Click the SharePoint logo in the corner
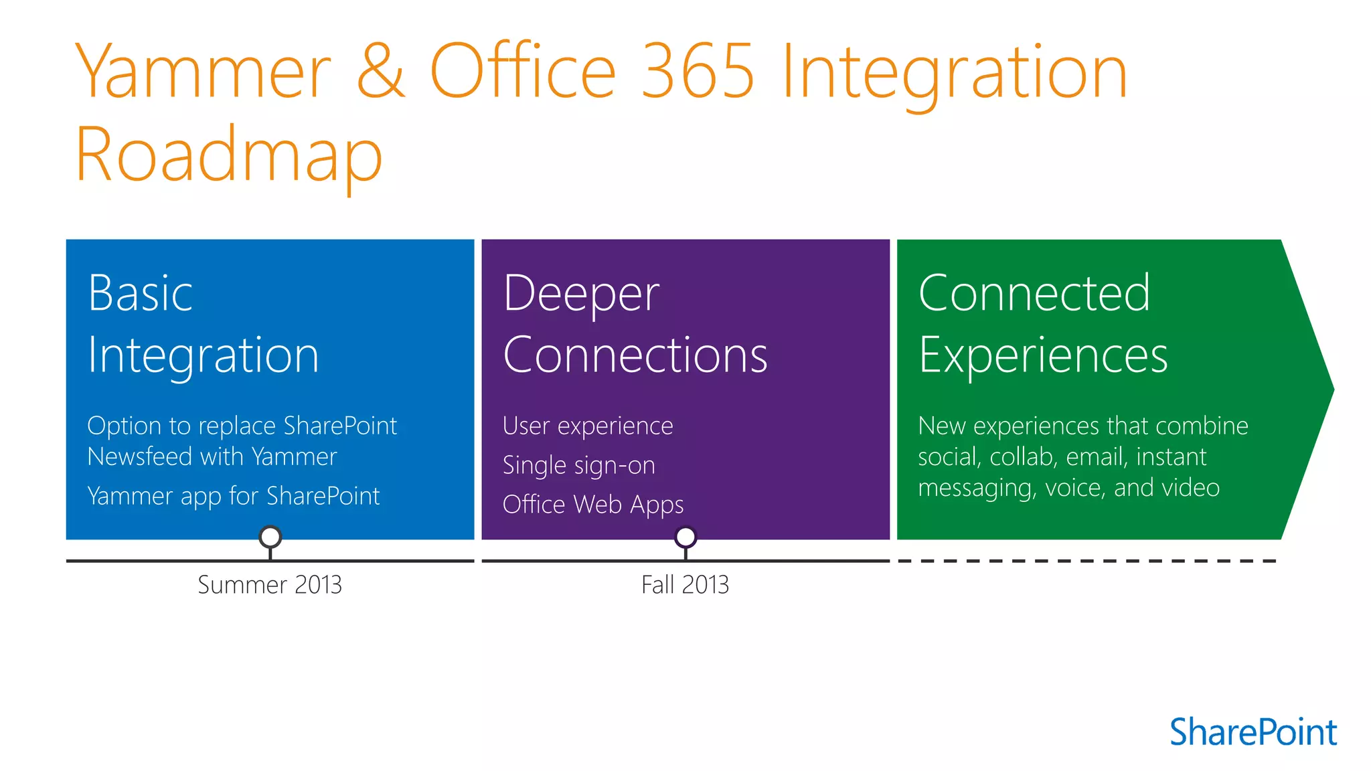(1253, 732)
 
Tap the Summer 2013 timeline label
(270, 585)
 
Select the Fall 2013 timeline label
(685, 585)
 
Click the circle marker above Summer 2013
(270, 537)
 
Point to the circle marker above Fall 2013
(685, 537)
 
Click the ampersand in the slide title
(381, 71)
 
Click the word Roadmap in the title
(228, 155)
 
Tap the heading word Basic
(141, 293)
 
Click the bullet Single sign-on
(579, 465)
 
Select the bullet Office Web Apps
(593, 505)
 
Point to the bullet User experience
(588, 426)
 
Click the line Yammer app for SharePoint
(234, 497)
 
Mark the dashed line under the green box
(1086, 561)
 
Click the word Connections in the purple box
(635, 355)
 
